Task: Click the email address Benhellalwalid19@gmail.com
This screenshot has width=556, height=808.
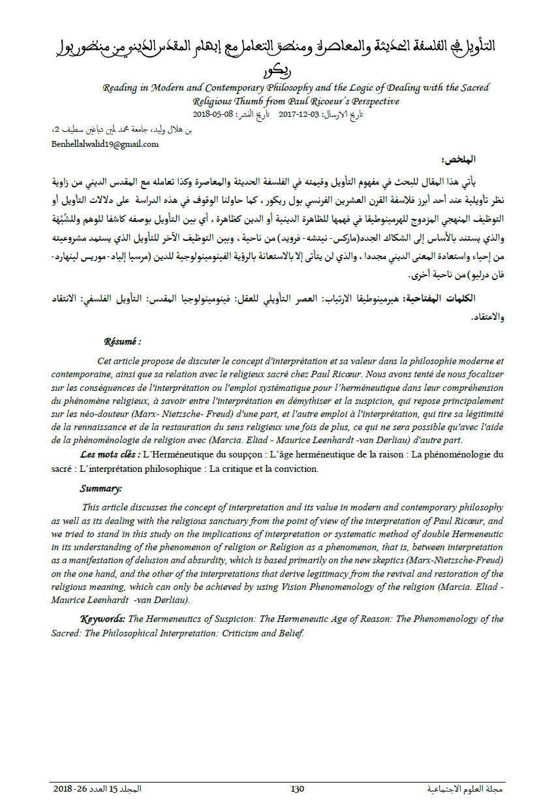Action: click(x=104, y=144)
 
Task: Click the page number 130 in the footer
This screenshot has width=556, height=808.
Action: click(x=297, y=789)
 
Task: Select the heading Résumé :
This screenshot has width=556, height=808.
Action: click(x=122, y=341)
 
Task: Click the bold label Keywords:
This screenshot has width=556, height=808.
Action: click(x=102, y=619)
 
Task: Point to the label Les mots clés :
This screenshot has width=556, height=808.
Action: click(x=109, y=454)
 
